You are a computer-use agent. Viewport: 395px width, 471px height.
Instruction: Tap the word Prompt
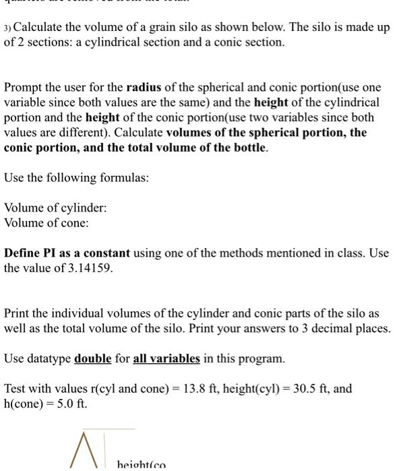point(25,88)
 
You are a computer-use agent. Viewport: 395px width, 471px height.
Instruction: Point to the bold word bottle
point(250,148)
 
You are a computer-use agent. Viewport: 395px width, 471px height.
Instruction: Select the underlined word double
point(92,358)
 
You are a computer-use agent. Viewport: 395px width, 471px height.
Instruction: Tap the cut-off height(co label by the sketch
point(142,465)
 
